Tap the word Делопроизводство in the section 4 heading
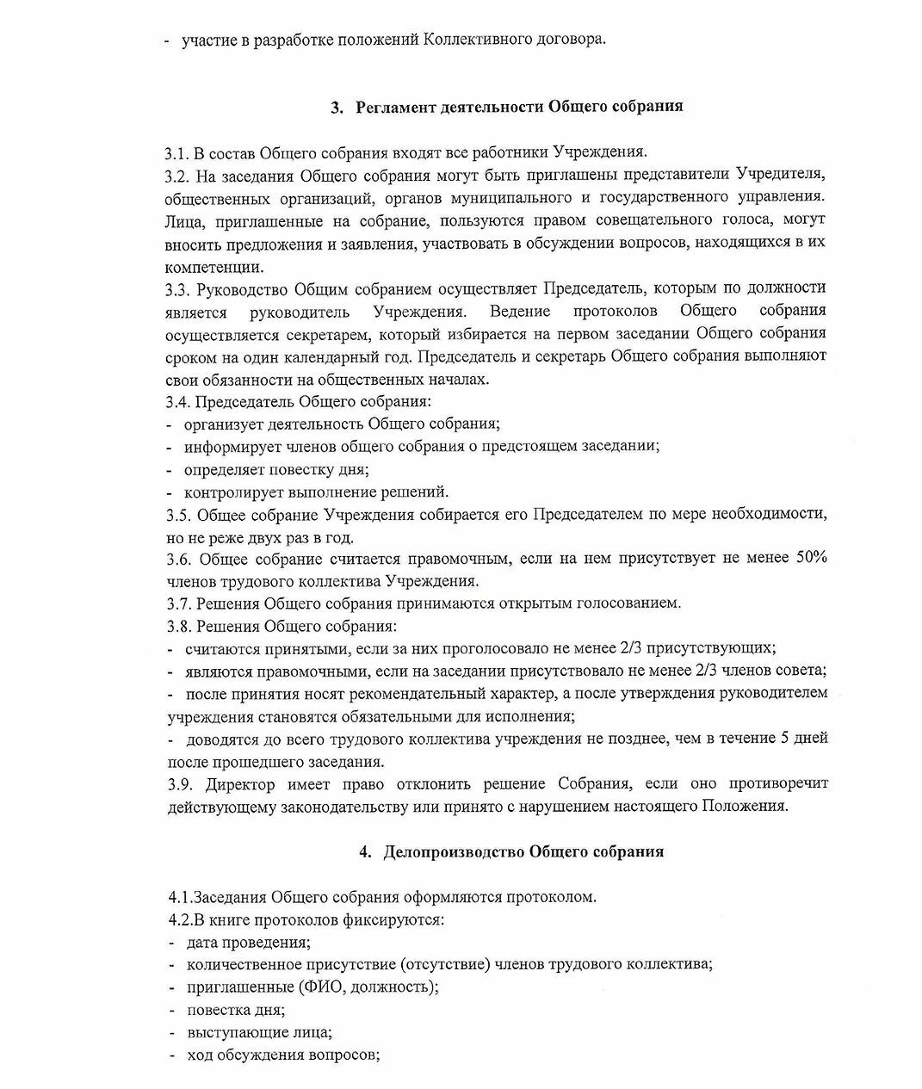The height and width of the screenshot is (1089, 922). click(x=453, y=851)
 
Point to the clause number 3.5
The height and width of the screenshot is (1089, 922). click(x=178, y=515)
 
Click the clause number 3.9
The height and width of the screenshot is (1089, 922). click(x=179, y=784)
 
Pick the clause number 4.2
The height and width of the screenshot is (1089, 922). click(x=180, y=919)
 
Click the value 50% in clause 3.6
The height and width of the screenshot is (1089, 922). click(x=811, y=558)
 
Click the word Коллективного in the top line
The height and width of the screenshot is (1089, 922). click(x=471, y=40)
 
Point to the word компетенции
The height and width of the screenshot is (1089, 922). click(x=214, y=266)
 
